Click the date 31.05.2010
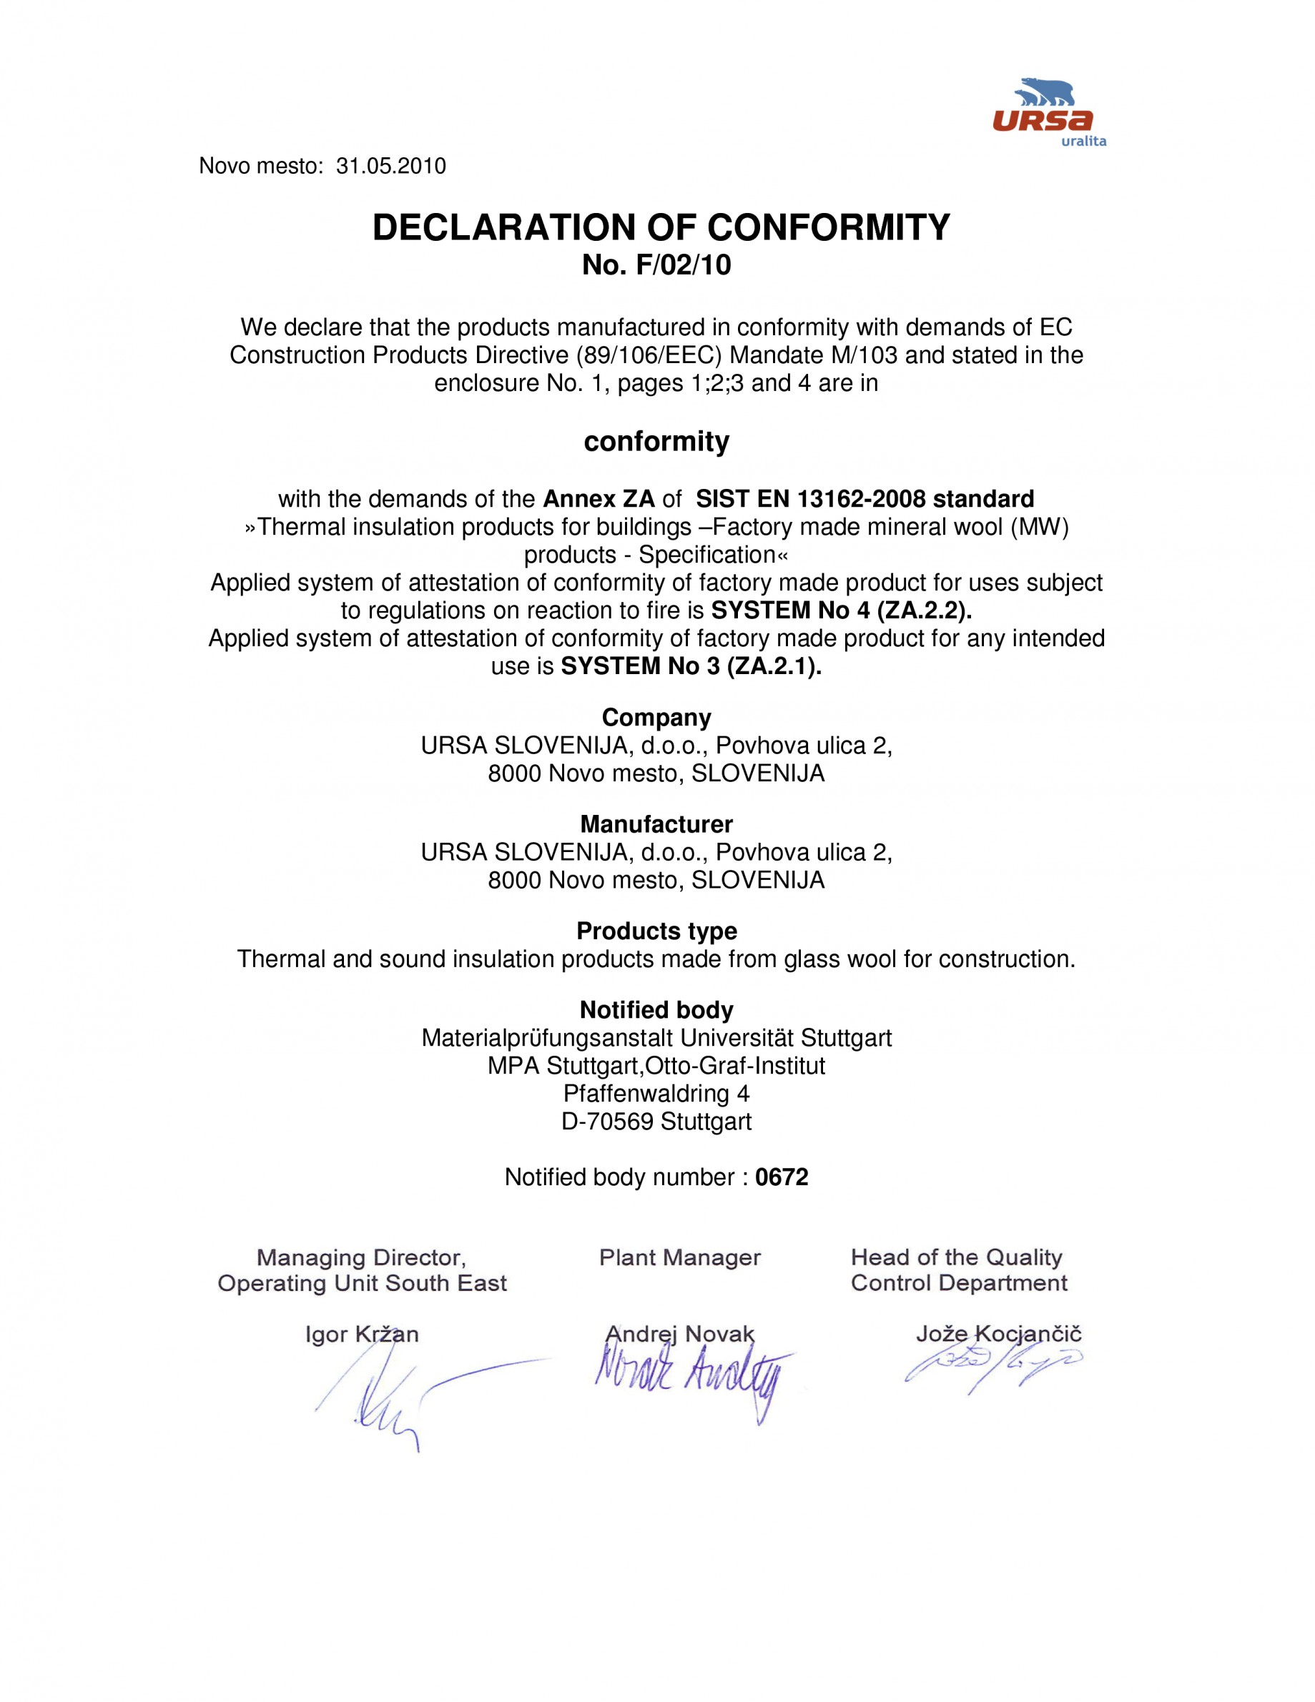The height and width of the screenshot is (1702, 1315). (x=390, y=166)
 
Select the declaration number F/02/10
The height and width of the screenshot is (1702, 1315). (x=684, y=266)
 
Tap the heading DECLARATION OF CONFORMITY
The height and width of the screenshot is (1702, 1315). (x=661, y=227)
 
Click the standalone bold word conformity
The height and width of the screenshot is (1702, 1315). (x=656, y=441)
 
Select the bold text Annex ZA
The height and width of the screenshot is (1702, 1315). (x=599, y=499)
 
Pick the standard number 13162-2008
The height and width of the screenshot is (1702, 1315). (x=862, y=499)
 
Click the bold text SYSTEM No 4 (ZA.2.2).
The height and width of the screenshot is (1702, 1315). (x=842, y=610)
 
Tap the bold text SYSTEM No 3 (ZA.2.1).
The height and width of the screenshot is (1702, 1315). (x=691, y=666)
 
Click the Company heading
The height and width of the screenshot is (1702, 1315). (x=656, y=718)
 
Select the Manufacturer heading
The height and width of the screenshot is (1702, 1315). (x=656, y=824)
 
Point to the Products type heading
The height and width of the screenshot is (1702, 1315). (x=656, y=931)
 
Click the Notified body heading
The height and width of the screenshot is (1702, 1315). (x=656, y=1010)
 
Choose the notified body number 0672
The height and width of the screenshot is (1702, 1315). (x=782, y=1177)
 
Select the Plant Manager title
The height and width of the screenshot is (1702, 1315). (x=680, y=1258)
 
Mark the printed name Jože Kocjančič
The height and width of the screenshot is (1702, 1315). (x=998, y=1334)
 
